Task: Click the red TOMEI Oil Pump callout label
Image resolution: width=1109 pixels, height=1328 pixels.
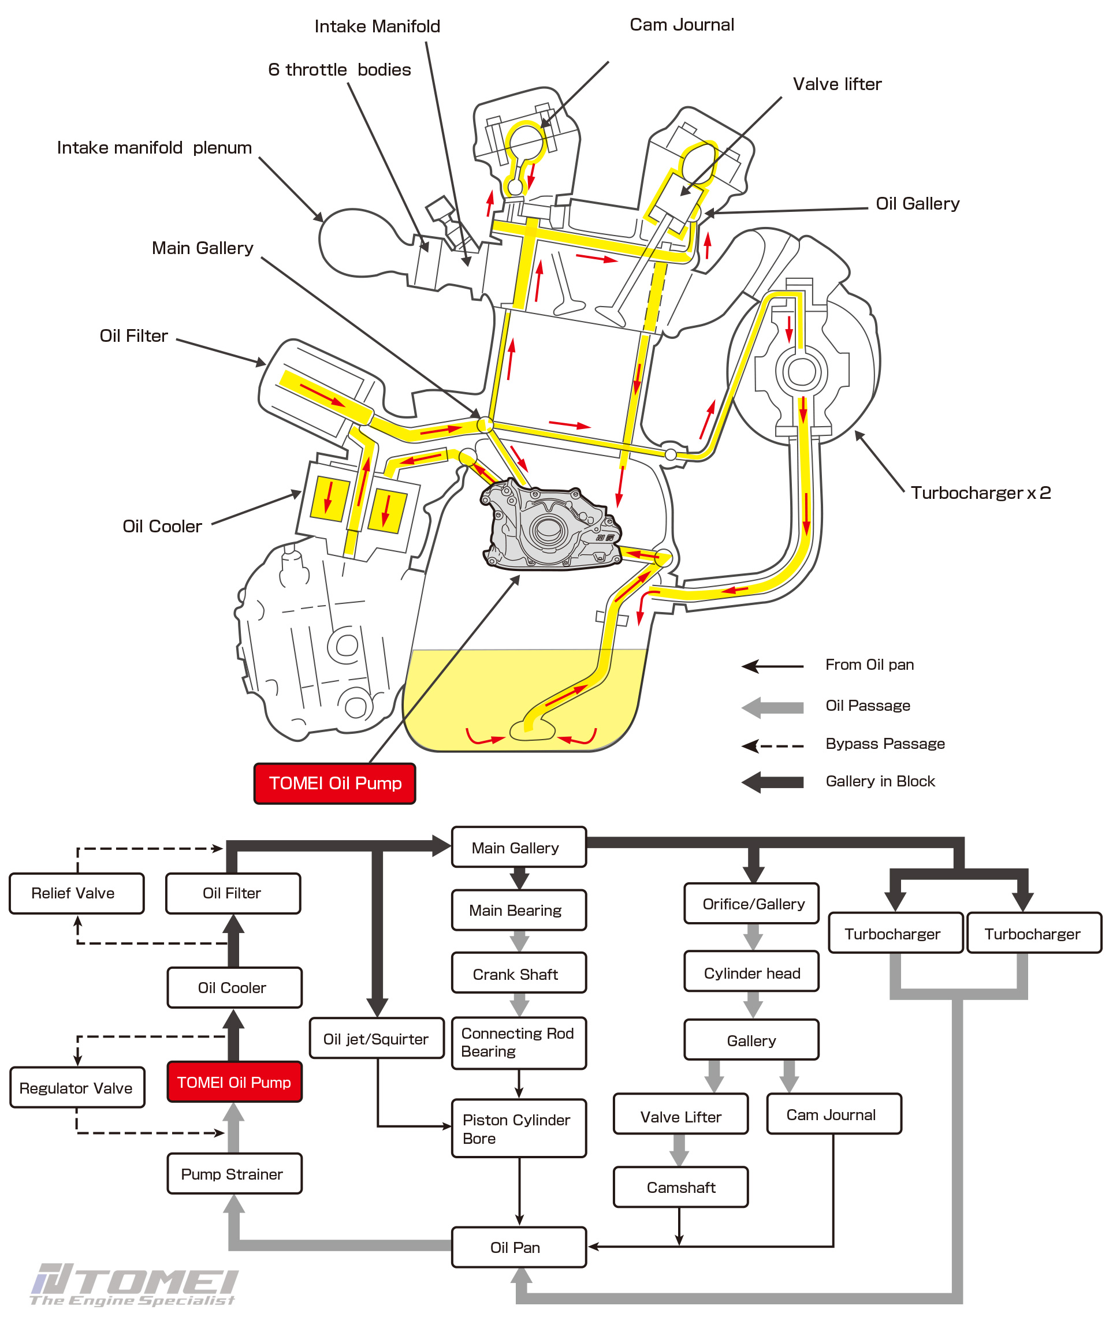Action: (x=334, y=783)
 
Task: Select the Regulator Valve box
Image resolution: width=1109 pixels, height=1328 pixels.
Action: (x=77, y=1088)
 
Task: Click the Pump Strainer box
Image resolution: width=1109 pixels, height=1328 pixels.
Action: (x=234, y=1174)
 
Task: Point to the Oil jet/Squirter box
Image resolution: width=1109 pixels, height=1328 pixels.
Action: (x=377, y=1039)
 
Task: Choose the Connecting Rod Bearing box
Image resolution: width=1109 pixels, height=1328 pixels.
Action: (x=519, y=1043)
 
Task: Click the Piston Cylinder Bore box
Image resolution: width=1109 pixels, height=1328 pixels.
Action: (x=519, y=1129)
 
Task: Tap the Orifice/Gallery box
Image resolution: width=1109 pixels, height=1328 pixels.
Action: (x=751, y=904)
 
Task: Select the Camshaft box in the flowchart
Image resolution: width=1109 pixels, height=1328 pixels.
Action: (x=681, y=1188)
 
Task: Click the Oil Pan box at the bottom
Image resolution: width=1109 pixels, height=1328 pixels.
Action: (x=519, y=1247)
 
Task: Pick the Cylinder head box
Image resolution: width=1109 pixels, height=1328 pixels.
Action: (x=751, y=972)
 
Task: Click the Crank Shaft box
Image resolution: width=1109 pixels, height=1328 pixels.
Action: (x=519, y=974)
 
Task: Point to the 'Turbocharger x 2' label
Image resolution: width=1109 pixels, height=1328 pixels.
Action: (x=981, y=493)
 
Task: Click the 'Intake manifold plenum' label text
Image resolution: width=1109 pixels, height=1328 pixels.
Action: (x=154, y=147)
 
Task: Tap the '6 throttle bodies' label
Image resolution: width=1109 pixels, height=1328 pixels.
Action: (x=339, y=69)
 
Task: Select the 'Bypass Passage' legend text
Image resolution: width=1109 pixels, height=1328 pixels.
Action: (x=884, y=744)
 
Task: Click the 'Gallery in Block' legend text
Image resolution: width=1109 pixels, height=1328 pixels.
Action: (x=880, y=782)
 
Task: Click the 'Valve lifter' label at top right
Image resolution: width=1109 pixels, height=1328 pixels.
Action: (x=837, y=84)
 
